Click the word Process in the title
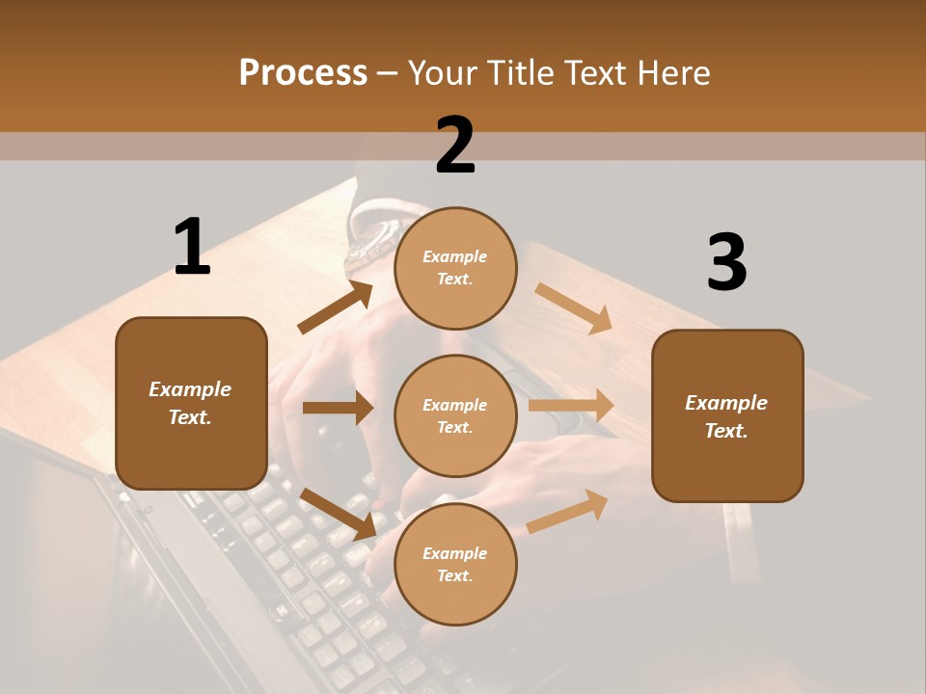tap(303, 73)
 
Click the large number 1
tap(192, 247)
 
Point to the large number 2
tap(455, 146)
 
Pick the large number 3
tap(726, 262)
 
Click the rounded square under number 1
tap(191, 403)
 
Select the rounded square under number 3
tap(727, 415)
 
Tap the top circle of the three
tap(455, 268)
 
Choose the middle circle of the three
tap(455, 415)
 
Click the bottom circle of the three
tap(455, 564)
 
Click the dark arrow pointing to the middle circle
tap(338, 408)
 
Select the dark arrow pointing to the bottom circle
tap(338, 513)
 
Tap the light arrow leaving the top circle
tap(574, 308)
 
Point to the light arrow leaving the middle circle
tap(571, 406)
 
